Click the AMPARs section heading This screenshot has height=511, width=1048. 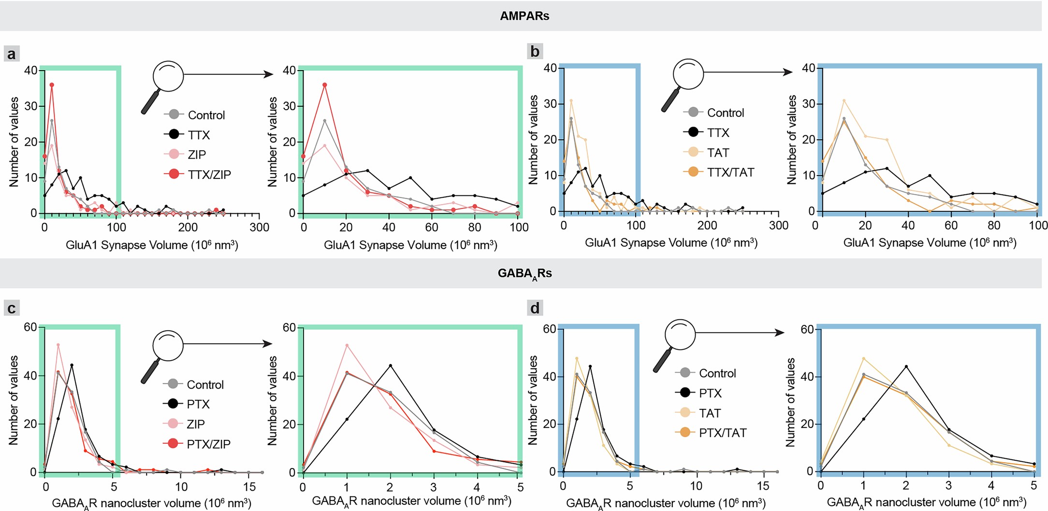(x=524, y=16)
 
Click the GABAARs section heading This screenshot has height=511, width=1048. (x=524, y=273)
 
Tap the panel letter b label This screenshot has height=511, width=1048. (x=535, y=51)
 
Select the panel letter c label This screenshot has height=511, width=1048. (x=12, y=308)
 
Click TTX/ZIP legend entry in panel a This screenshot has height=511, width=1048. (x=209, y=175)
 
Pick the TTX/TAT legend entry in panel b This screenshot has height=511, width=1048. (x=730, y=172)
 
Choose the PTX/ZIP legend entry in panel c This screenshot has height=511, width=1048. (x=208, y=444)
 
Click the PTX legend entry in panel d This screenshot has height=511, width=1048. (x=710, y=393)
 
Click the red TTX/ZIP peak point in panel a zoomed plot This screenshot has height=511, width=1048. (x=325, y=85)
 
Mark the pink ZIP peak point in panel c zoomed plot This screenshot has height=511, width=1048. (x=347, y=345)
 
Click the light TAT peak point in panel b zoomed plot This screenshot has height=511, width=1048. (x=844, y=101)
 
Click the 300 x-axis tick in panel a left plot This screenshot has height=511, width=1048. (x=259, y=227)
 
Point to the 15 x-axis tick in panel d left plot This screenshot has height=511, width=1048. (x=763, y=485)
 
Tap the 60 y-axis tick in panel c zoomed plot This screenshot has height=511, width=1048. (x=289, y=328)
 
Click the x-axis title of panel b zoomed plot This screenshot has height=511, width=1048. (x=929, y=243)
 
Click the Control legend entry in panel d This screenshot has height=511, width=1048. (x=717, y=373)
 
